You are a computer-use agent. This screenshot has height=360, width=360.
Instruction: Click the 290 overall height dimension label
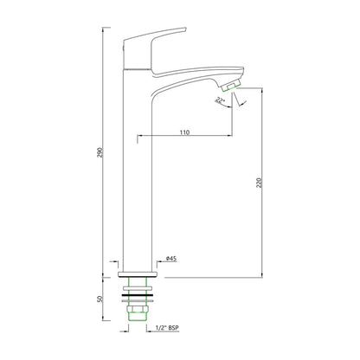pyautogui.click(x=100, y=152)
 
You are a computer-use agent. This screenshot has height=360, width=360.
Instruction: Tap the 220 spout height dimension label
pyautogui.click(x=259, y=183)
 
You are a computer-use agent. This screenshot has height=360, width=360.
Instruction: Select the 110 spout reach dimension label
pyautogui.click(x=184, y=132)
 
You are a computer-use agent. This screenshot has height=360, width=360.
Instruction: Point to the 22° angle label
pyautogui.click(x=220, y=100)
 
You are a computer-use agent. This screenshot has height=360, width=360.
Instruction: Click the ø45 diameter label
pyautogui.click(x=171, y=259)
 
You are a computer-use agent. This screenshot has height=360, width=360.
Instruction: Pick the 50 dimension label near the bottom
pyautogui.click(x=100, y=299)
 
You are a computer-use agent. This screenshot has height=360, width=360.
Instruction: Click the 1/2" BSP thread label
pyautogui.click(x=167, y=328)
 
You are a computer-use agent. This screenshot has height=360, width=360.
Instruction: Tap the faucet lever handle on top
pyautogui.click(x=154, y=48)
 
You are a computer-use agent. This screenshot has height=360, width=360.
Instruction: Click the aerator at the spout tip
pyautogui.click(x=230, y=85)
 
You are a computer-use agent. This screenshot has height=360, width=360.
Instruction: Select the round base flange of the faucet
pyautogui.click(x=138, y=274)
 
